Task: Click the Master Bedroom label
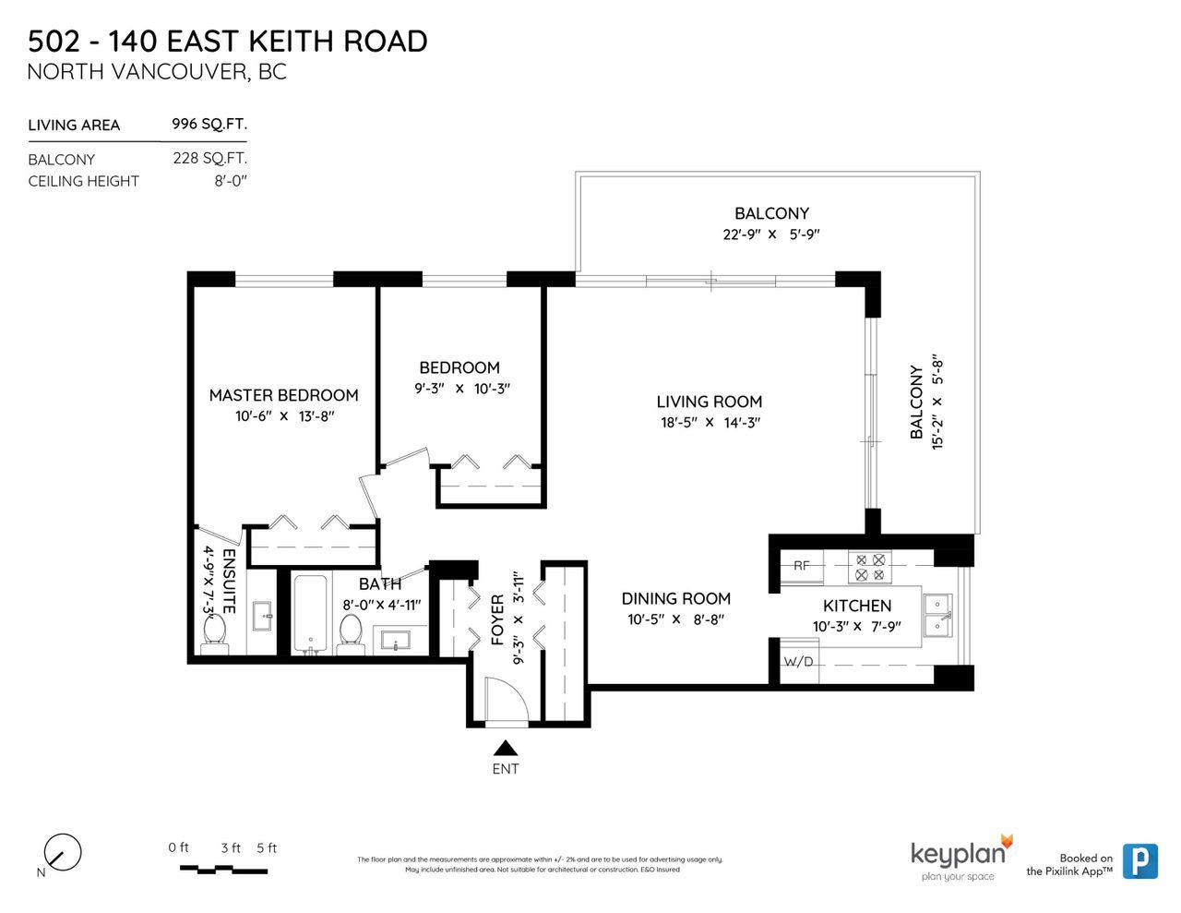283,395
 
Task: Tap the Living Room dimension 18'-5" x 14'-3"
710,423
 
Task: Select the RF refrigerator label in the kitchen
802,566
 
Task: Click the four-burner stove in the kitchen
869,567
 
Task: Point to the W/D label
798,662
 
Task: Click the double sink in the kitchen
937,615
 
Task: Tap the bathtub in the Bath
310,614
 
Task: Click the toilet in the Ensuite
214,634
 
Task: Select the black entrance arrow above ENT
506,748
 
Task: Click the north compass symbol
63,852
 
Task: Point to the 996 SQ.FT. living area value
209,124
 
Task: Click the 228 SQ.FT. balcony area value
209,158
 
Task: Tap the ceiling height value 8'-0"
231,181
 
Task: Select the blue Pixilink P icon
1140,860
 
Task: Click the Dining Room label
676,599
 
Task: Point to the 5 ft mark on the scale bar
267,847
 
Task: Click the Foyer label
498,620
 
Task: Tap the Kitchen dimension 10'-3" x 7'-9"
857,627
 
